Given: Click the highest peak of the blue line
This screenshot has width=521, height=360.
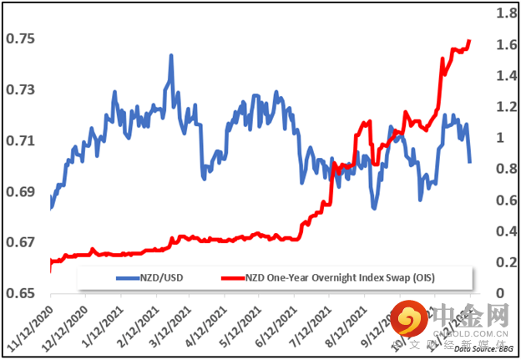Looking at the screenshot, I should pyautogui.click(x=170, y=56).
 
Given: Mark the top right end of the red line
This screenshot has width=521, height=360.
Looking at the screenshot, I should pyautogui.click(x=470, y=40).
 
